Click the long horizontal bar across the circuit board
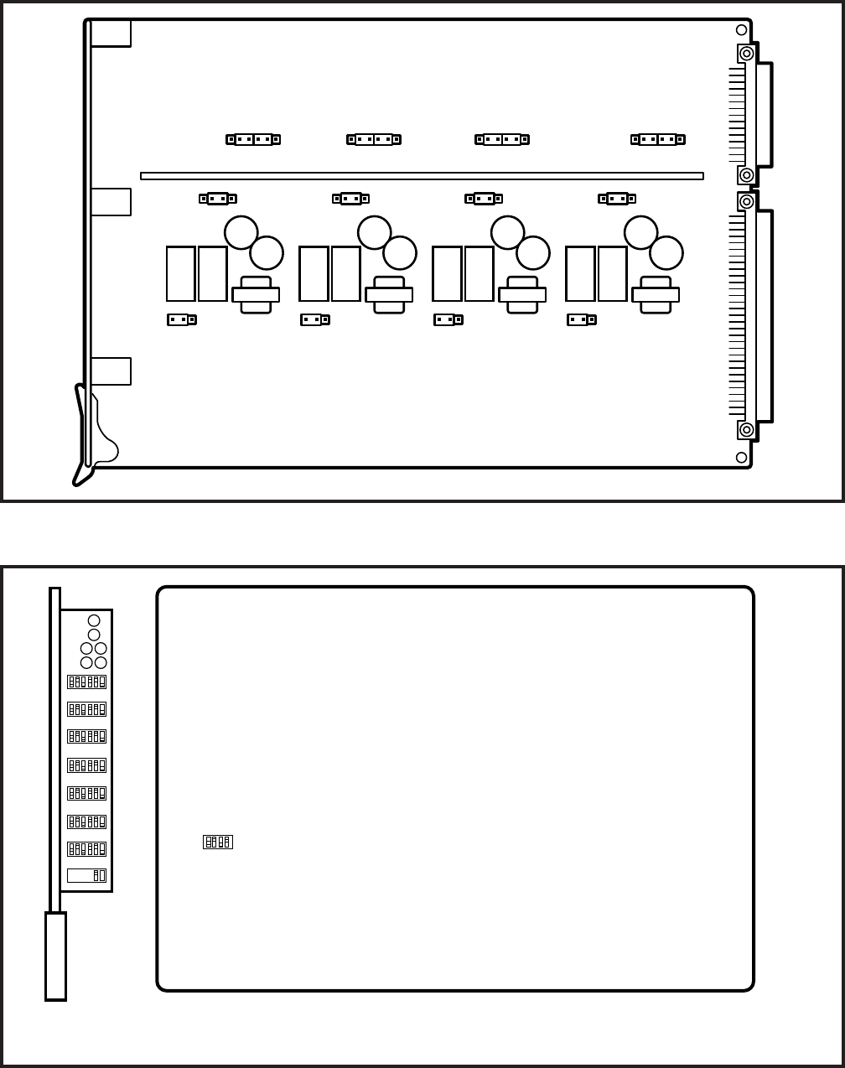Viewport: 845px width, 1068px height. (422, 176)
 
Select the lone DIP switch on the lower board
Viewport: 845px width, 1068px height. (218, 842)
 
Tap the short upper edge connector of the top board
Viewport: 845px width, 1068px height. (764, 114)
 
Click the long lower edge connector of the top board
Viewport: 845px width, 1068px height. (764, 315)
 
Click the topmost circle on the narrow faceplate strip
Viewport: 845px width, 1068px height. (94, 621)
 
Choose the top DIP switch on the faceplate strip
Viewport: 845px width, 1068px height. (86, 682)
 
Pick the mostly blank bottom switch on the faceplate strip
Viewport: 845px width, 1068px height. (86, 875)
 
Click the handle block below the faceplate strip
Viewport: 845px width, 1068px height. (55, 956)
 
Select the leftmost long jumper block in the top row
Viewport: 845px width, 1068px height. (252, 140)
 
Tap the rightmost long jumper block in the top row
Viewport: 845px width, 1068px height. (658, 140)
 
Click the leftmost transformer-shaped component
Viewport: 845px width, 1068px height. (256, 295)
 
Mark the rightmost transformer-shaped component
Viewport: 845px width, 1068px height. (656, 295)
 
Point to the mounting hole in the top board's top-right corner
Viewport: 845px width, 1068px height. (741, 30)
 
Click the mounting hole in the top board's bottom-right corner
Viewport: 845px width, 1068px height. (741, 457)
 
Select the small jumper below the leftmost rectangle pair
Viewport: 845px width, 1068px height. (182, 319)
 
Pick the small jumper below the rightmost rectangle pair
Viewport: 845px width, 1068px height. (582, 319)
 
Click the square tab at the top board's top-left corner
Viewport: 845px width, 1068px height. (111, 34)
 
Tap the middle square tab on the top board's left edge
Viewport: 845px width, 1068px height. (111, 202)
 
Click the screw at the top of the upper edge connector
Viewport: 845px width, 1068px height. (746, 54)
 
